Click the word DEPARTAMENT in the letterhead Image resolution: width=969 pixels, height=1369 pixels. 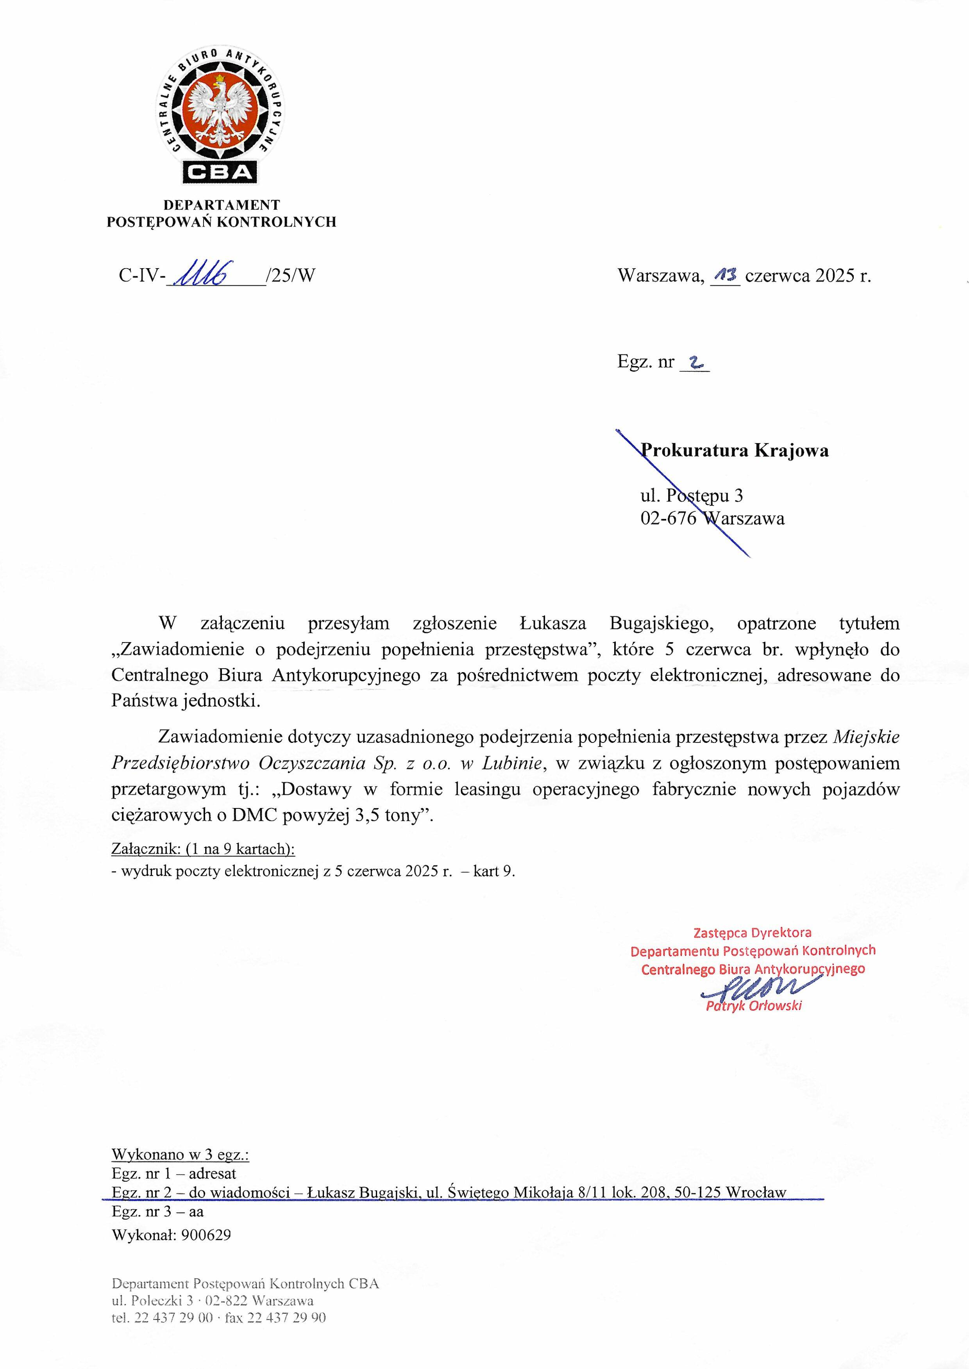(x=222, y=205)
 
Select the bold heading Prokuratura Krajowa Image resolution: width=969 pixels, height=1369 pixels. (x=735, y=450)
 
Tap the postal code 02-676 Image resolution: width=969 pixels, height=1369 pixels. (x=668, y=518)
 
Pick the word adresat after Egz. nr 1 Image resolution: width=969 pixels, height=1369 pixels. (x=213, y=1173)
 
